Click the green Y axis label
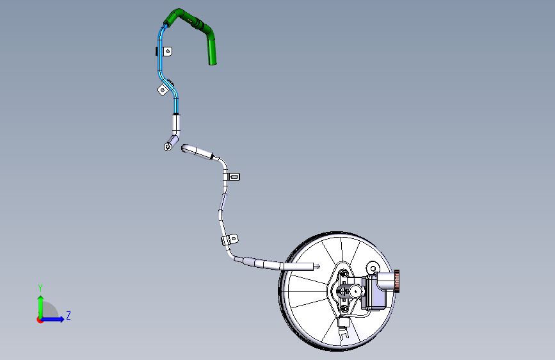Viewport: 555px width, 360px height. [x=40, y=288]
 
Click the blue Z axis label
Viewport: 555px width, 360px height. [x=68, y=315]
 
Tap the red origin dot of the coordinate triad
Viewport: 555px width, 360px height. [x=40, y=320]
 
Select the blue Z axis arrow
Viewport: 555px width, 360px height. [x=53, y=319]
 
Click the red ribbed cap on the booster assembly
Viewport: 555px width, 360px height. [x=397, y=281]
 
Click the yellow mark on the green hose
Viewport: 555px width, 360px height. [x=191, y=21]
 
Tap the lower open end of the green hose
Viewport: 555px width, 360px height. [x=213, y=63]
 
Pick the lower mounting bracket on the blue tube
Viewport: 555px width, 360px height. [x=163, y=90]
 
